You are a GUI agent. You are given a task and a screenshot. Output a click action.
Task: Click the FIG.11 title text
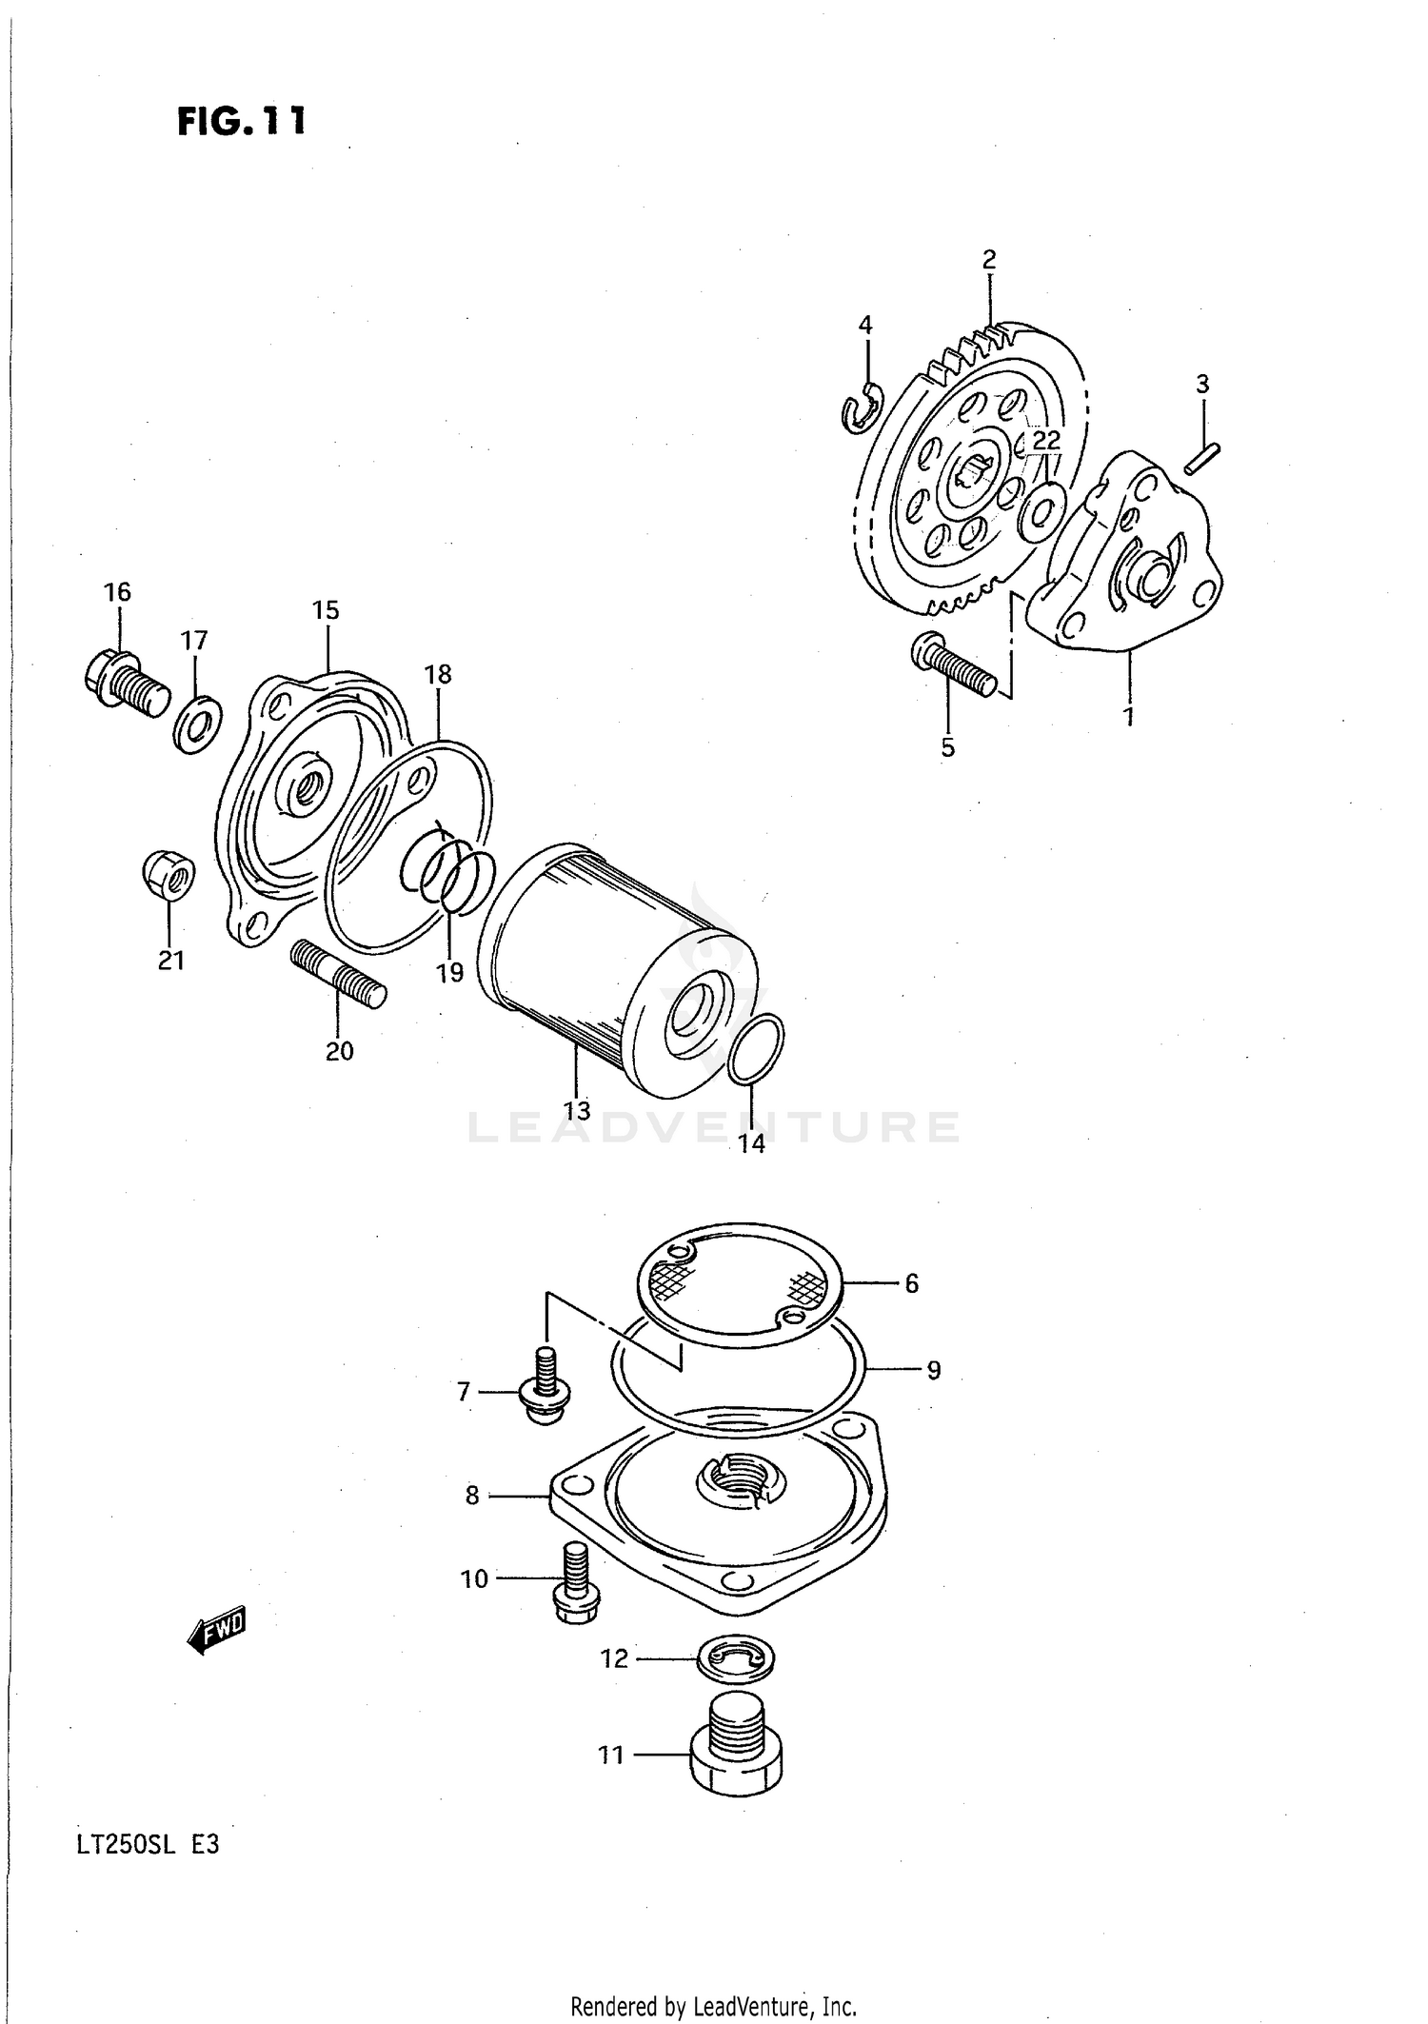[242, 122]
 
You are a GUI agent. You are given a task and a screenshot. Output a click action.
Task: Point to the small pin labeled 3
[1203, 456]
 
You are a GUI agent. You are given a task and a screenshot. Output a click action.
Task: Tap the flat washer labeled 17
[197, 724]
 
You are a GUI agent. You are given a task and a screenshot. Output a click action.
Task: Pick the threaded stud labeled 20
[338, 973]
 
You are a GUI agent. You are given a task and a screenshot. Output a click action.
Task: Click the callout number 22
[1045, 440]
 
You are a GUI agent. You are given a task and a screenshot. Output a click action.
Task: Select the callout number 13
[577, 1110]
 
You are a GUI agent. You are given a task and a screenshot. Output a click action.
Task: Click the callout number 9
[934, 1370]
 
